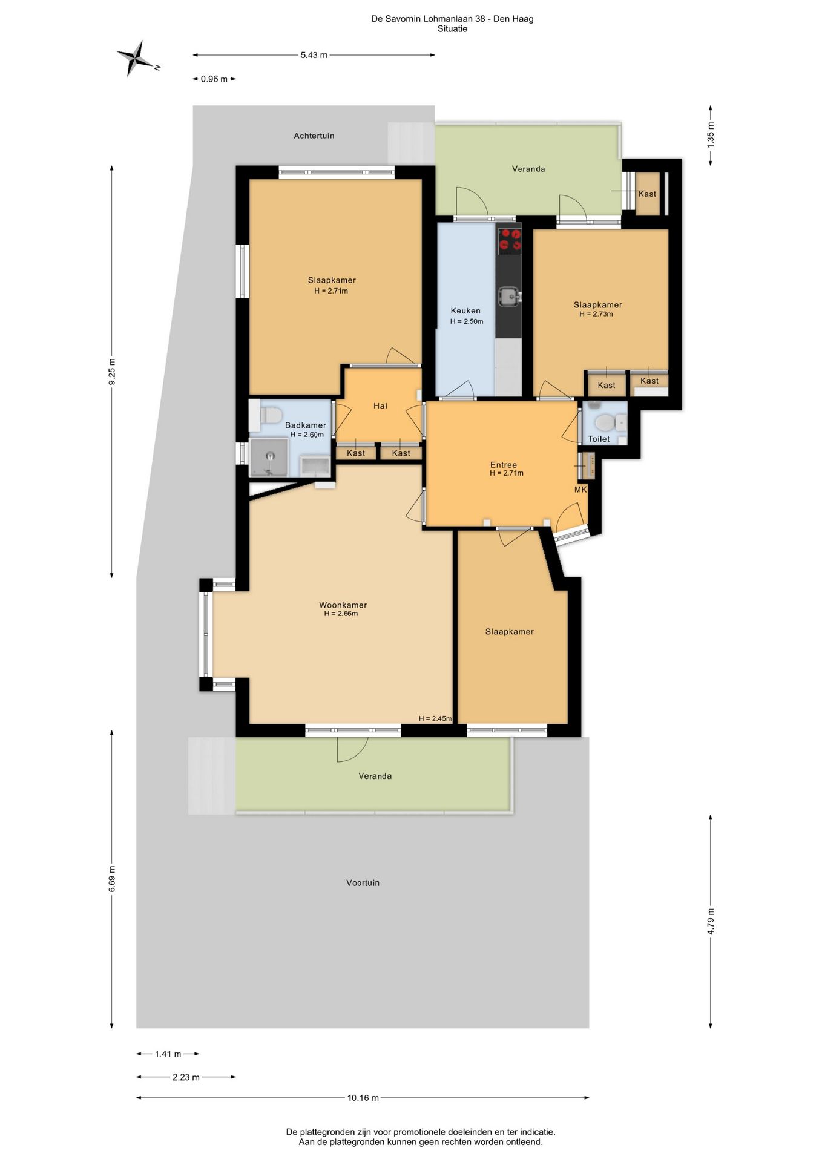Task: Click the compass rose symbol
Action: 137,59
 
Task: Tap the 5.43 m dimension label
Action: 314,55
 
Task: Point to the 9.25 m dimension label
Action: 111,372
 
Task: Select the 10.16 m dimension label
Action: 363,1098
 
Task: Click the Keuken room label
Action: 465,311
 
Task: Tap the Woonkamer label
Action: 343,605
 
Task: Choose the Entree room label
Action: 504,465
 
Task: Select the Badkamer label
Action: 306,425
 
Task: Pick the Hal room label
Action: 380,406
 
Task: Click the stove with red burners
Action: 509,240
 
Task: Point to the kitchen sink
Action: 508,296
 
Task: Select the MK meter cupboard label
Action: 580,490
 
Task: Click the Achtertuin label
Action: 314,136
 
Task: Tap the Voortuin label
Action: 363,883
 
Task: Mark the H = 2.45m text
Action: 435,718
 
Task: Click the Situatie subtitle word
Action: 452,29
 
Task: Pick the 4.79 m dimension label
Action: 711,922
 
